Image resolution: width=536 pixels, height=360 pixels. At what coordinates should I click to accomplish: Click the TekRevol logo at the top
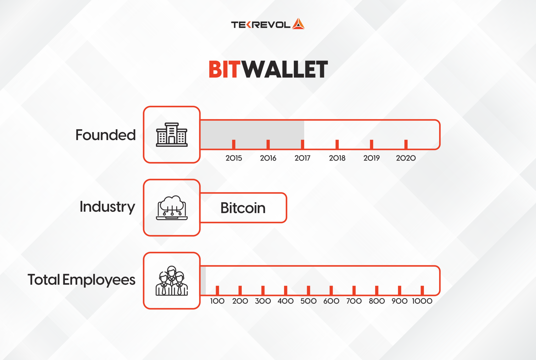coord(268,24)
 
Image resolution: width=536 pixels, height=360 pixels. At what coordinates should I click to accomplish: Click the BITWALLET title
coord(268,69)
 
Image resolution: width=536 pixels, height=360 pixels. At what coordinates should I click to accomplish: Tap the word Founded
coord(105,135)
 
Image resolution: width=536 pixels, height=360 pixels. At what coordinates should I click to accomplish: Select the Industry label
coord(107,207)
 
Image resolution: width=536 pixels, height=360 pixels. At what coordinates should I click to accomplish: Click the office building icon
coord(172,135)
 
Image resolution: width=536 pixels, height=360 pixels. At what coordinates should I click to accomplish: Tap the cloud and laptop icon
coord(172,208)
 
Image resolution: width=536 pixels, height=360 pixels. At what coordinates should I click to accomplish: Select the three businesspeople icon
coord(172,281)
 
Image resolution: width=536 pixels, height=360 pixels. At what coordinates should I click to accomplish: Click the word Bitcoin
coord(243,208)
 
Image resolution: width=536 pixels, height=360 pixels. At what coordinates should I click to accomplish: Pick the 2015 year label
coord(234,158)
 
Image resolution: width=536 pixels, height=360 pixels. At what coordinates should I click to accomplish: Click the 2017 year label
coord(302,158)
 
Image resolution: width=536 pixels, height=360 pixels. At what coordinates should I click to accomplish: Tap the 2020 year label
coord(406,158)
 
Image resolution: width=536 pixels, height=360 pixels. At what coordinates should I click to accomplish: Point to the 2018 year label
coord(337,158)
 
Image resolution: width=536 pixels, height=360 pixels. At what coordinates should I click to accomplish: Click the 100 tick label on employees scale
coord(217,301)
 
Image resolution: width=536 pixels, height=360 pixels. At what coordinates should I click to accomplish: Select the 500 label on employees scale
coord(308,301)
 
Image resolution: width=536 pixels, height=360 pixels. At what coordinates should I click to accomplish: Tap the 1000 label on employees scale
coord(422,301)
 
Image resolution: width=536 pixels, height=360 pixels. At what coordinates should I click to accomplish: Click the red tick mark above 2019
coord(371,144)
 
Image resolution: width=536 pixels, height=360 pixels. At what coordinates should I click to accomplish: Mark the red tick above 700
coord(354,290)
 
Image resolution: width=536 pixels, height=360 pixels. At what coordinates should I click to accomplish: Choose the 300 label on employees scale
coord(263,301)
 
